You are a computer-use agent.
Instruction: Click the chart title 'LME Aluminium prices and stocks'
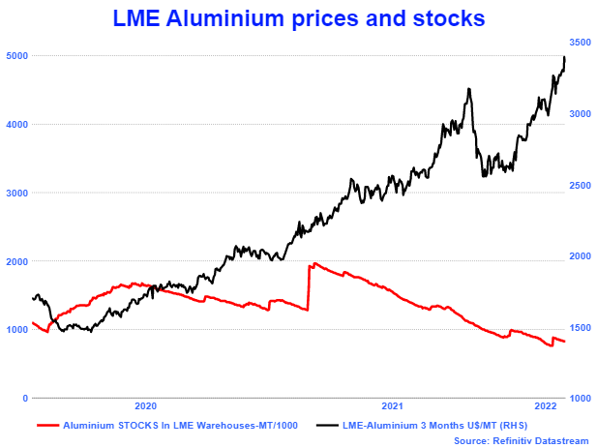tap(298, 17)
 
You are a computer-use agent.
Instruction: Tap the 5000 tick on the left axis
tap(15, 56)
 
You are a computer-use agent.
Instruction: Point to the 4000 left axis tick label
tap(15, 125)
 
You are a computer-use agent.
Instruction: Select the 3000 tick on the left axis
tap(15, 194)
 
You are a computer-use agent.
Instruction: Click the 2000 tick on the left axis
tap(15, 261)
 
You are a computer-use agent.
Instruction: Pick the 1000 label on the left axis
tap(15, 330)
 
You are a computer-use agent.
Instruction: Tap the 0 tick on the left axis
tap(23, 398)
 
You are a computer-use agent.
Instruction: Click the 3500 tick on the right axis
tap(579, 43)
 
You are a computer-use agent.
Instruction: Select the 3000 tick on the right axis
tap(579, 114)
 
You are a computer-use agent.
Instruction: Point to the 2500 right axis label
tap(579, 185)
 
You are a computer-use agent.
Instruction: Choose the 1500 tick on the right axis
tap(579, 327)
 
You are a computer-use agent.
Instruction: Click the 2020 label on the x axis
tap(145, 407)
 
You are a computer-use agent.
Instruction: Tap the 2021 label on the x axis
tap(393, 407)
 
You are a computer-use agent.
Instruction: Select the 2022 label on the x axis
tap(546, 407)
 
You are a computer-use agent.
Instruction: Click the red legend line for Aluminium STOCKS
tap(47, 424)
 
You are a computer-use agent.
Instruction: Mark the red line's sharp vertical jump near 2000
tap(309, 286)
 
